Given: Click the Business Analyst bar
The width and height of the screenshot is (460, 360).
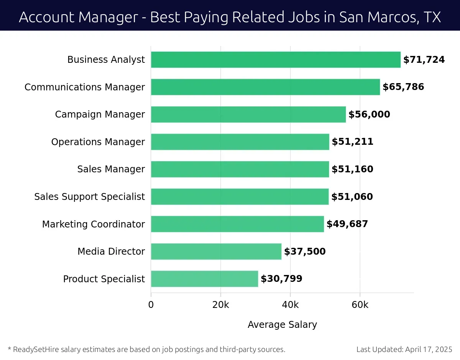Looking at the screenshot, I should click(276, 60).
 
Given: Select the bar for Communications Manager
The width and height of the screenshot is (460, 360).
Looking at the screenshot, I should click(265, 87).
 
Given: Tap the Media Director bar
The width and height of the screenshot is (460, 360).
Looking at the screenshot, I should click(216, 252).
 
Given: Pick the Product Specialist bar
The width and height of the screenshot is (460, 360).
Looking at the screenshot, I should click(204, 279).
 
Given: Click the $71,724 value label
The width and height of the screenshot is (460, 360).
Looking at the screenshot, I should click(424, 60).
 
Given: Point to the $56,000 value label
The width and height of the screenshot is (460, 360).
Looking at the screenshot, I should click(369, 115).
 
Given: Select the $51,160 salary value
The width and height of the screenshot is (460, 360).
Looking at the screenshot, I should click(352, 169).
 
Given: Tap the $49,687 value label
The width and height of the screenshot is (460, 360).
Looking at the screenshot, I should click(347, 224).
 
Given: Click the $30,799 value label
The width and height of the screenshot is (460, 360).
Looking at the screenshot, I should click(281, 279).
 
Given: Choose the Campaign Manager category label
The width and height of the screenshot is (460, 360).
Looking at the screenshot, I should click(100, 115).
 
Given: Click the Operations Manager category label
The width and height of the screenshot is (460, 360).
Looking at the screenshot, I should click(98, 142).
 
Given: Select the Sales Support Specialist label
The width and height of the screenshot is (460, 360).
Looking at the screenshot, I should click(90, 197).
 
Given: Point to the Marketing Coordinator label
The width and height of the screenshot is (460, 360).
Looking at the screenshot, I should click(94, 224).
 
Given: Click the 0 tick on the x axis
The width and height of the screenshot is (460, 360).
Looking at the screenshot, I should click(151, 305).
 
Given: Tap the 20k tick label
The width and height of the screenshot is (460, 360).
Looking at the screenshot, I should click(220, 305).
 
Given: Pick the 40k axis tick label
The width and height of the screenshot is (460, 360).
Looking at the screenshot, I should click(290, 305).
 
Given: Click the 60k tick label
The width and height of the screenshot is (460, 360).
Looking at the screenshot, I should click(360, 305).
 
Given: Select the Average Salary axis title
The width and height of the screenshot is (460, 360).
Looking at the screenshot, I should click(282, 325).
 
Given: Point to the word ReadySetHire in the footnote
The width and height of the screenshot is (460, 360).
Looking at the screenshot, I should click(32, 349).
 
